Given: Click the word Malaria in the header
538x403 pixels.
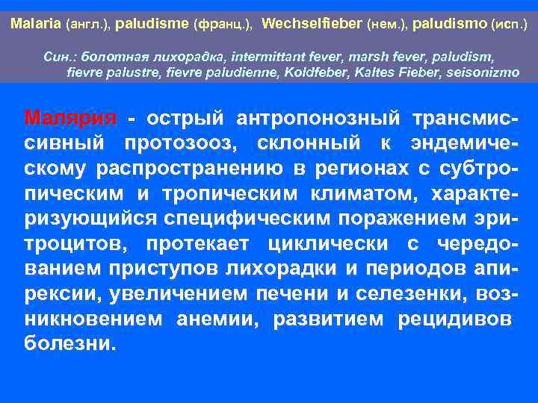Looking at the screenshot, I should point(37,24).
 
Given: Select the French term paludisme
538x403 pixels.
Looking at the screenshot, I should point(152,24).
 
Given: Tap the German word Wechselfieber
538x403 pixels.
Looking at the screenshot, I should point(312,24).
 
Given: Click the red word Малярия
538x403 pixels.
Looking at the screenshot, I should point(70,118).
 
